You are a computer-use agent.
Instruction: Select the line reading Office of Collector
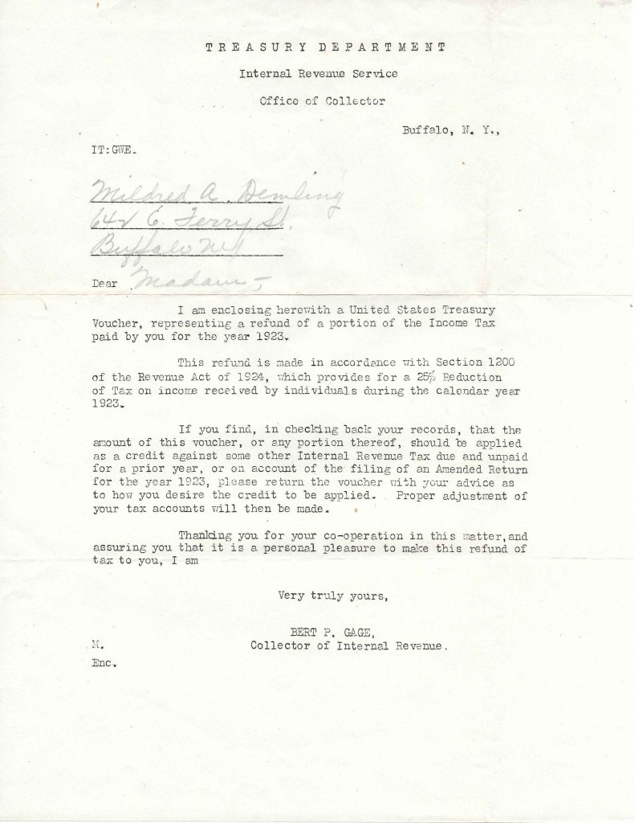(322, 101)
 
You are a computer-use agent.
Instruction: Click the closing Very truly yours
(332, 596)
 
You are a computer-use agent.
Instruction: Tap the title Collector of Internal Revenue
(344, 645)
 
